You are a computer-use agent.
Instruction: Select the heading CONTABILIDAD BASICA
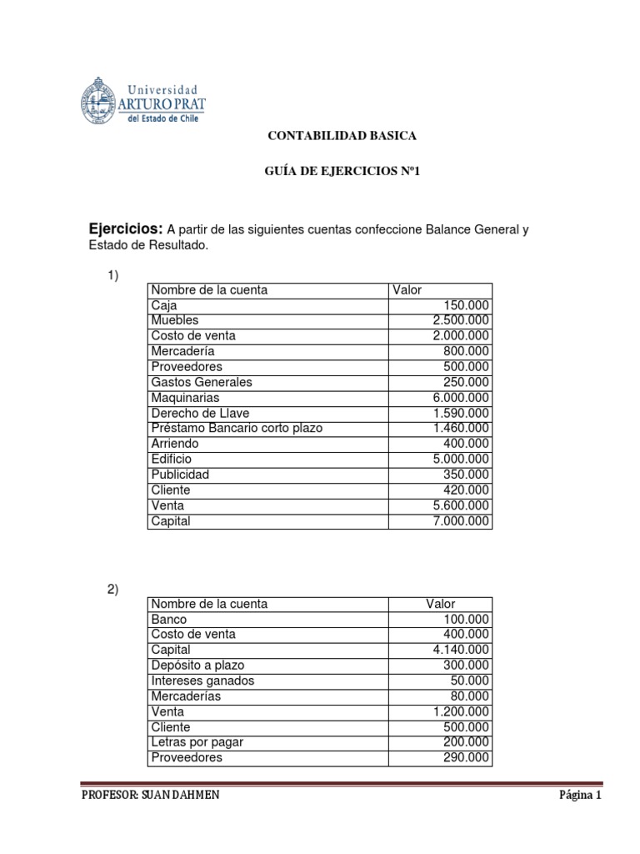click(x=341, y=135)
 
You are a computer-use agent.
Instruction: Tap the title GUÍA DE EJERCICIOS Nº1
click(x=341, y=172)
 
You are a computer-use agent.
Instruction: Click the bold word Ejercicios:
click(x=126, y=229)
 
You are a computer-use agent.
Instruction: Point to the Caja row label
click(x=164, y=305)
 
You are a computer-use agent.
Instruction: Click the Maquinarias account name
click(x=185, y=398)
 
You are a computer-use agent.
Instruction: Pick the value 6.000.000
click(x=457, y=398)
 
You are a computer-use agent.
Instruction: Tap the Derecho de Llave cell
click(x=200, y=413)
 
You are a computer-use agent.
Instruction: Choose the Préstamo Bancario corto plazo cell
click(x=236, y=429)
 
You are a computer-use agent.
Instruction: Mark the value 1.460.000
click(x=457, y=429)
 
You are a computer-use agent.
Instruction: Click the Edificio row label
click(x=171, y=460)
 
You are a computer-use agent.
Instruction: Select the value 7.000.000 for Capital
click(x=457, y=521)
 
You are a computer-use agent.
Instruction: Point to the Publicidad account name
click(x=180, y=475)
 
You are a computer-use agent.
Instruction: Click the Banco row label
click(x=169, y=620)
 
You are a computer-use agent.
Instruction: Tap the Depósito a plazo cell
click(x=198, y=666)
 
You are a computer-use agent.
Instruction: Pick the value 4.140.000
click(x=457, y=650)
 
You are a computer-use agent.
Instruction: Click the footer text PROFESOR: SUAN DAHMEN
click(x=151, y=796)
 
